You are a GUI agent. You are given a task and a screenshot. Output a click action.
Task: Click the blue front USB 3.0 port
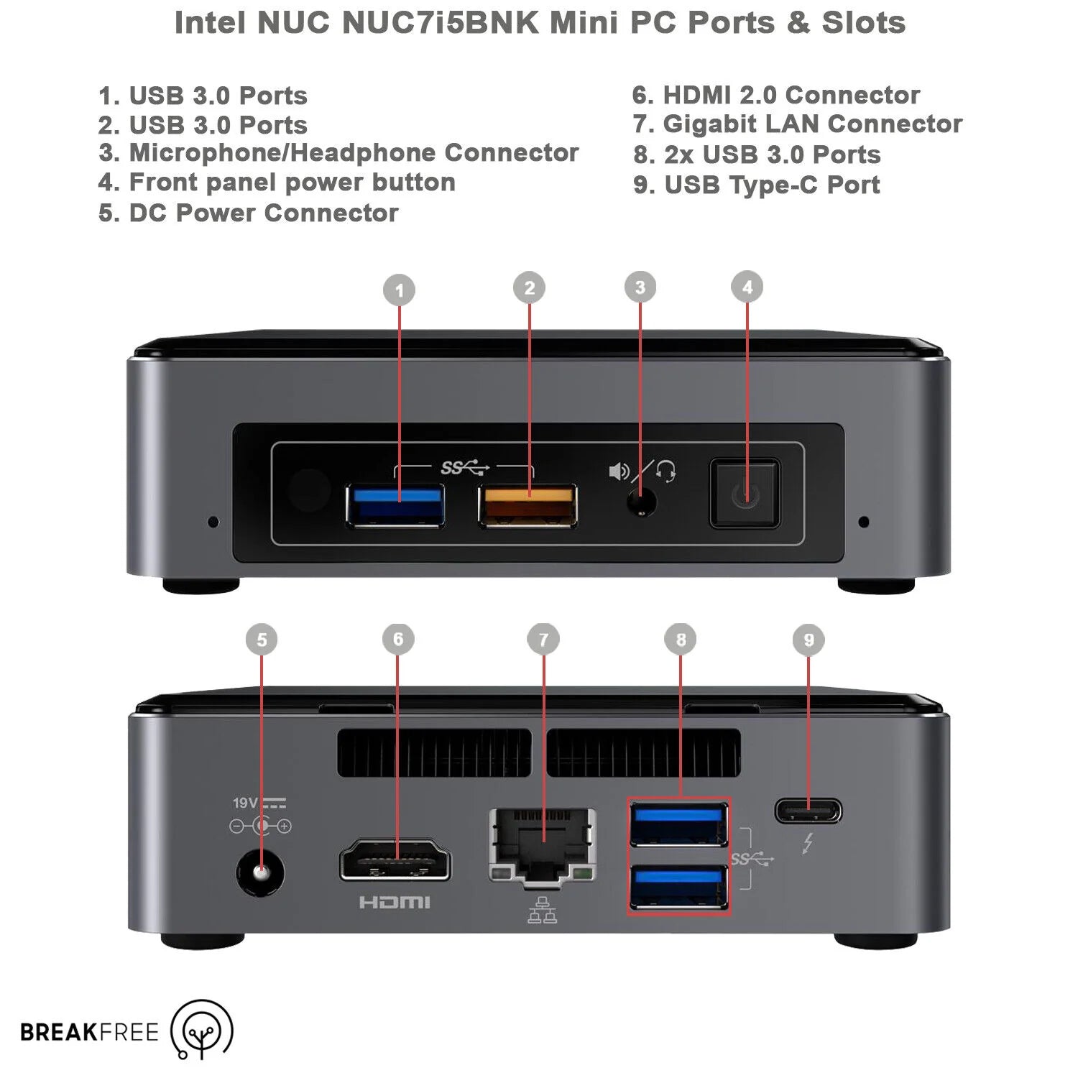pyautogui.click(x=395, y=506)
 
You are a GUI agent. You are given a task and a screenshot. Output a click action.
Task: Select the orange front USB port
pyautogui.click(x=528, y=506)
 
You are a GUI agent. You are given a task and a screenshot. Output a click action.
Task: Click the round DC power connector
pyautogui.click(x=260, y=873)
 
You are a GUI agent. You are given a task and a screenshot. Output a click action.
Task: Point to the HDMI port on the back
pyautogui.click(x=395, y=860)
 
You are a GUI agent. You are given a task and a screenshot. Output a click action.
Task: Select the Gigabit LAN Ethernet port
pyautogui.click(x=543, y=844)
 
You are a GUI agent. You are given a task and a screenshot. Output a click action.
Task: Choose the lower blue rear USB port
pyautogui.click(x=678, y=887)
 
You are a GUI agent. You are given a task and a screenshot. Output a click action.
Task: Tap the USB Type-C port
pyautogui.click(x=808, y=811)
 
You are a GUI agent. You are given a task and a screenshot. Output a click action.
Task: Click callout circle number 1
pyautogui.click(x=400, y=290)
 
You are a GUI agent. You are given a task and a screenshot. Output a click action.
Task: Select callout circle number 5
pyautogui.click(x=262, y=640)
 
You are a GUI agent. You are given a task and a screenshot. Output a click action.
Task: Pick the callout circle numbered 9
pyautogui.click(x=808, y=640)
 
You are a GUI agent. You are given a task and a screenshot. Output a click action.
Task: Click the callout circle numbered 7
pyautogui.click(x=543, y=640)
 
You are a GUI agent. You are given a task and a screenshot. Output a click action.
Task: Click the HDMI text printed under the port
pyautogui.click(x=395, y=903)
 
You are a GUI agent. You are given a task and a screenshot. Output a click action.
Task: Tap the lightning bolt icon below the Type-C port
pyautogui.click(x=808, y=843)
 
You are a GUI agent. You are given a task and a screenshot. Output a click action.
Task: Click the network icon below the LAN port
pyautogui.click(x=543, y=911)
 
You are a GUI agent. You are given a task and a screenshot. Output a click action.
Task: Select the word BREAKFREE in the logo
pyautogui.click(x=89, y=1032)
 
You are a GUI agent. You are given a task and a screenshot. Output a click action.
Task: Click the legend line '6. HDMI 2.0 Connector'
pyautogui.click(x=775, y=95)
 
